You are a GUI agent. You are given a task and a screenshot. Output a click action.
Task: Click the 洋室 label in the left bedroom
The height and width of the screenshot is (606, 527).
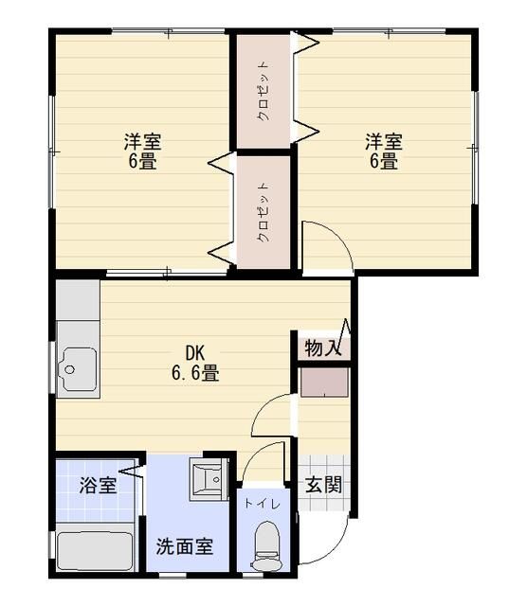[142, 142]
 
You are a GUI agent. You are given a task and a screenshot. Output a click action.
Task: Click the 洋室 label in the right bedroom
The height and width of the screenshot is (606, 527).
[384, 142]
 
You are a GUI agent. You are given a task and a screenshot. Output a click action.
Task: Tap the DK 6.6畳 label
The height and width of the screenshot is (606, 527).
[195, 364]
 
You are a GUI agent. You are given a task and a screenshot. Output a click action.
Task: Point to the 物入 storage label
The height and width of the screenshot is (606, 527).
[322, 348]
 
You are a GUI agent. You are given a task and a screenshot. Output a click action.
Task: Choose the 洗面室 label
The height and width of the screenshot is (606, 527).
[184, 546]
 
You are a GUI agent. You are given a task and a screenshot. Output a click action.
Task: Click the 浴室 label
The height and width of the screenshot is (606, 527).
[98, 486]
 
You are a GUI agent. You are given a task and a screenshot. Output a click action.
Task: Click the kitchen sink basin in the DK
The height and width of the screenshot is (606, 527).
[76, 370]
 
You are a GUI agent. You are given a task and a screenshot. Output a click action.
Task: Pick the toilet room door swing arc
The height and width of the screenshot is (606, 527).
[263, 459]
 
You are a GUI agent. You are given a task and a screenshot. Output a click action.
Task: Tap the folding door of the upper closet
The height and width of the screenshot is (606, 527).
[305, 85]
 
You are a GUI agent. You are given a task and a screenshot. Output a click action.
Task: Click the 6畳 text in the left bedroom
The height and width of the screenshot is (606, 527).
[142, 161]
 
